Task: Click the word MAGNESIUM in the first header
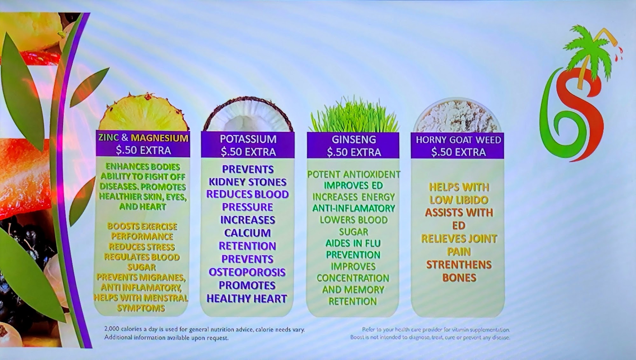(159, 138)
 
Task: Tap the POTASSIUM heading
(248, 139)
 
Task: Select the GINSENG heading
(354, 139)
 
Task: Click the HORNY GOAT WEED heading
(458, 140)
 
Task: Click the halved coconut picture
(248, 114)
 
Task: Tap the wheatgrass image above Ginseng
(354, 114)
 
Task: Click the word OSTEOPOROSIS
(247, 272)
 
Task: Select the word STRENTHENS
(459, 265)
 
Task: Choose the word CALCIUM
(247, 233)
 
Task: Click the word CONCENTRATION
(353, 278)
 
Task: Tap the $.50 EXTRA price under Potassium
(248, 152)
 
